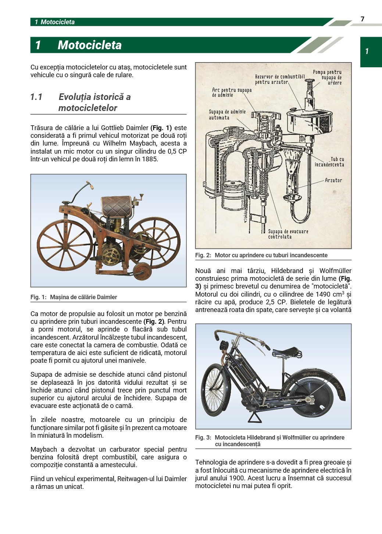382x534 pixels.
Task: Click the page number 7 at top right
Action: click(x=363, y=19)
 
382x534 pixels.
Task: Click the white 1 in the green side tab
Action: click(x=367, y=51)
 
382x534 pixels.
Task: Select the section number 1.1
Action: click(x=36, y=97)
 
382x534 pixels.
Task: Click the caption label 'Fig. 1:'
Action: click(x=39, y=297)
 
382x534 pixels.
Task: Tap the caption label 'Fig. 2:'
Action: click(x=203, y=255)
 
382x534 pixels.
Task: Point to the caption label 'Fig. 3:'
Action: click(x=203, y=437)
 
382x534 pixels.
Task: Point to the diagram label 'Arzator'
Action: click(x=333, y=180)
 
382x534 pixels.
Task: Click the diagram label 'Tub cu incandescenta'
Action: click(x=329, y=162)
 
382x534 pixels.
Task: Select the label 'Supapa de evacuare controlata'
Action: click(x=288, y=234)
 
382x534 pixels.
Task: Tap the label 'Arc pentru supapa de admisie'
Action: click(x=231, y=92)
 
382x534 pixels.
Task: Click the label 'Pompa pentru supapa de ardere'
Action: click(x=328, y=77)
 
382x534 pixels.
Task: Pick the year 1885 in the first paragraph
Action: click(x=150, y=159)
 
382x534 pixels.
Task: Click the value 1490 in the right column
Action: click(x=322, y=294)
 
